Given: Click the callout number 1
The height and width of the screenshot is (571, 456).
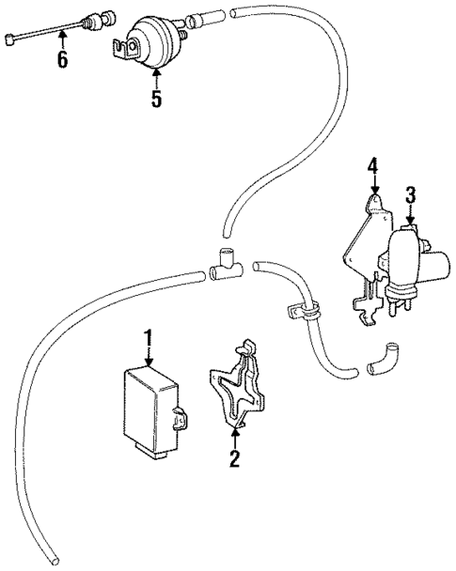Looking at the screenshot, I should tap(147, 336).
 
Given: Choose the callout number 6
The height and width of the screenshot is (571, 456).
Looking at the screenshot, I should tap(62, 60).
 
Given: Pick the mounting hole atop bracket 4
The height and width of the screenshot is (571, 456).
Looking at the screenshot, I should tap(374, 201).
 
